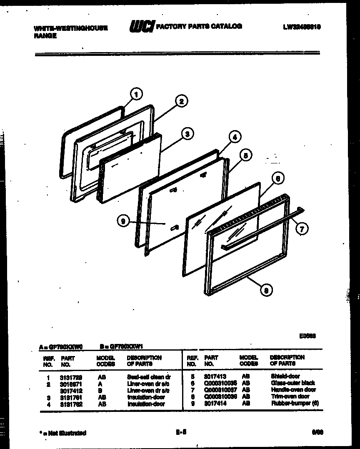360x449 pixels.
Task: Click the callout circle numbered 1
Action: coord(136,94)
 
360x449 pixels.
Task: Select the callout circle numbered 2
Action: coord(181,101)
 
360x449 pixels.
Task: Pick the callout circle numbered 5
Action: coord(246,156)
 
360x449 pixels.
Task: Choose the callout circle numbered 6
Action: coord(278,178)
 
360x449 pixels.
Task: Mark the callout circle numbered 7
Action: coord(302,228)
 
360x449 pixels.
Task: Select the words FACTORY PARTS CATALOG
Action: coord(199,26)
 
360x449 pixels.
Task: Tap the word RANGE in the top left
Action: coord(45,36)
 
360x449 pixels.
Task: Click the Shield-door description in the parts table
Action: coord(285,376)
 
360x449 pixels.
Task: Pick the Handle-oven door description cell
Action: coord(293,390)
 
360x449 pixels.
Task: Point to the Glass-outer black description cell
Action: coord(293,383)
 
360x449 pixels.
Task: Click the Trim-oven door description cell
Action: coord(290,396)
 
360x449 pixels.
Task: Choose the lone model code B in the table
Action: coord(102,391)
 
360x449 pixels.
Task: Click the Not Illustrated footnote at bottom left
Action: coord(63,433)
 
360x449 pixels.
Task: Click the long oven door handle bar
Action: coord(262,229)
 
